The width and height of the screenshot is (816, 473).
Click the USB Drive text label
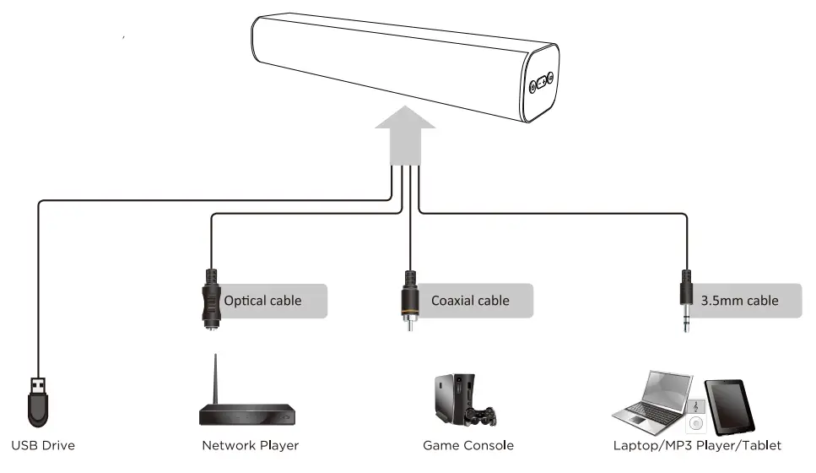(x=43, y=445)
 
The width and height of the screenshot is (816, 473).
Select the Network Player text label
(x=250, y=445)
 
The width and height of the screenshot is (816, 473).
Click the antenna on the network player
(x=214, y=380)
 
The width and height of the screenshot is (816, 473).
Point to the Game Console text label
(x=467, y=445)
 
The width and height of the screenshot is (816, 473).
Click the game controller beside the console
(x=483, y=416)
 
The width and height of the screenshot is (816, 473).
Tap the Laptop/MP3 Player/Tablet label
(x=697, y=445)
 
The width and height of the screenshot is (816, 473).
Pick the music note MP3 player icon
(x=695, y=407)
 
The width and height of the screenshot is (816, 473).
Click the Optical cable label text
(x=262, y=301)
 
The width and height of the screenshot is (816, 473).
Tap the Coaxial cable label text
(x=470, y=301)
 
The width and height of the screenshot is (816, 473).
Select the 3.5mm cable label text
(x=739, y=301)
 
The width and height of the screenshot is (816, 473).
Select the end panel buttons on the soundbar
(x=541, y=84)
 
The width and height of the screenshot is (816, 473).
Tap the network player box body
(x=248, y=416)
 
